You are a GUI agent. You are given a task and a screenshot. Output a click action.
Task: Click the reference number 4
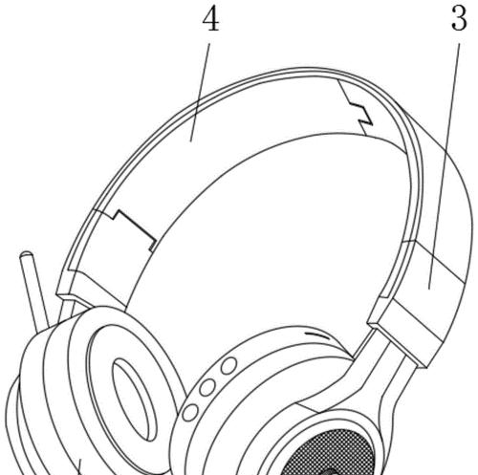point(210,19)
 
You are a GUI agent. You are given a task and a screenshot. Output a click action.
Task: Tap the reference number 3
point(459,18)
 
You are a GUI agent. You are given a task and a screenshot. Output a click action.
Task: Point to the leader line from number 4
point(200,92)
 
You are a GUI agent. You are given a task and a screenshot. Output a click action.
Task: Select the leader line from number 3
point(445,166)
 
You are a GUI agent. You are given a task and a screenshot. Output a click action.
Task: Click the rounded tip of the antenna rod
point(26,255)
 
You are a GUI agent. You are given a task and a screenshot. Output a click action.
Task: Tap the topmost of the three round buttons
point(228,365)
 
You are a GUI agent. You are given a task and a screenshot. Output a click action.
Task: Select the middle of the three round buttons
point(207,387)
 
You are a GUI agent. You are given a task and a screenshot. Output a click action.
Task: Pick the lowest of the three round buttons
point(190,412)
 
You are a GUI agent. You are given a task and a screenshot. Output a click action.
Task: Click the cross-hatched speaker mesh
point(332,452)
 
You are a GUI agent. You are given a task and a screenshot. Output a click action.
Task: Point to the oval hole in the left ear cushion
point(135,399)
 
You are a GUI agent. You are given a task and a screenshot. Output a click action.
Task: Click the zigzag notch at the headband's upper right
point(360,112)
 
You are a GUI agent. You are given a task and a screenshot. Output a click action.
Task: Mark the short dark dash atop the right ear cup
point(317,335)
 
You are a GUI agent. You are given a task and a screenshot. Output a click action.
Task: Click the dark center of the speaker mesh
point(328,471)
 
